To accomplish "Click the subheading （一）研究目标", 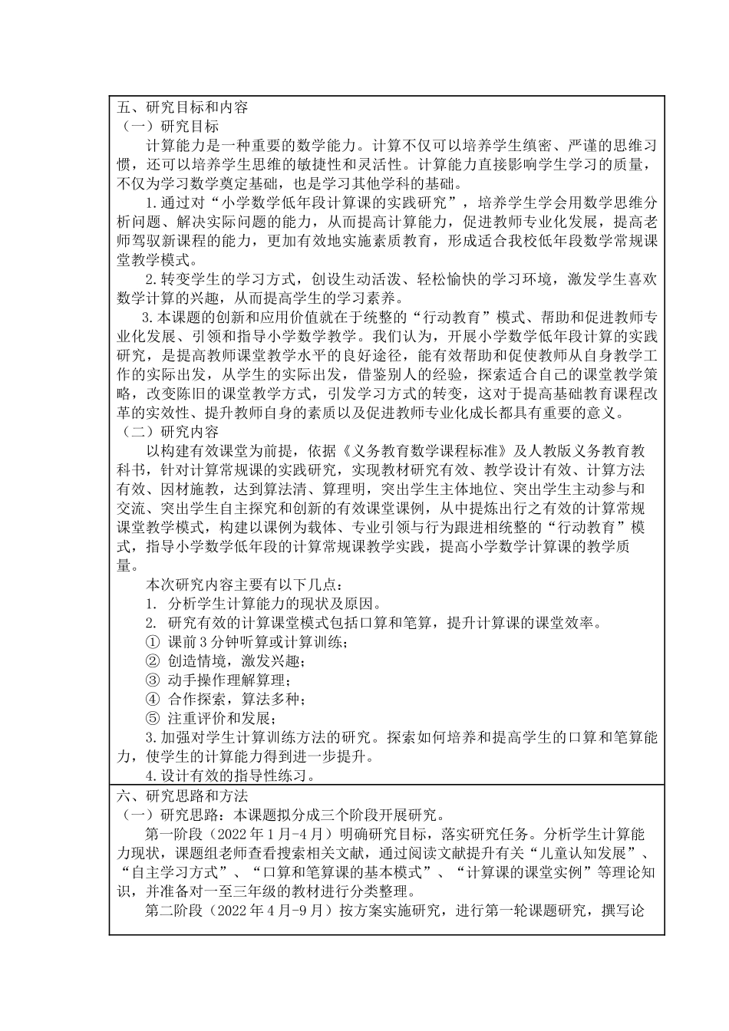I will (x=167, y=126).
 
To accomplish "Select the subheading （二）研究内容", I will (x=167, y=432).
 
